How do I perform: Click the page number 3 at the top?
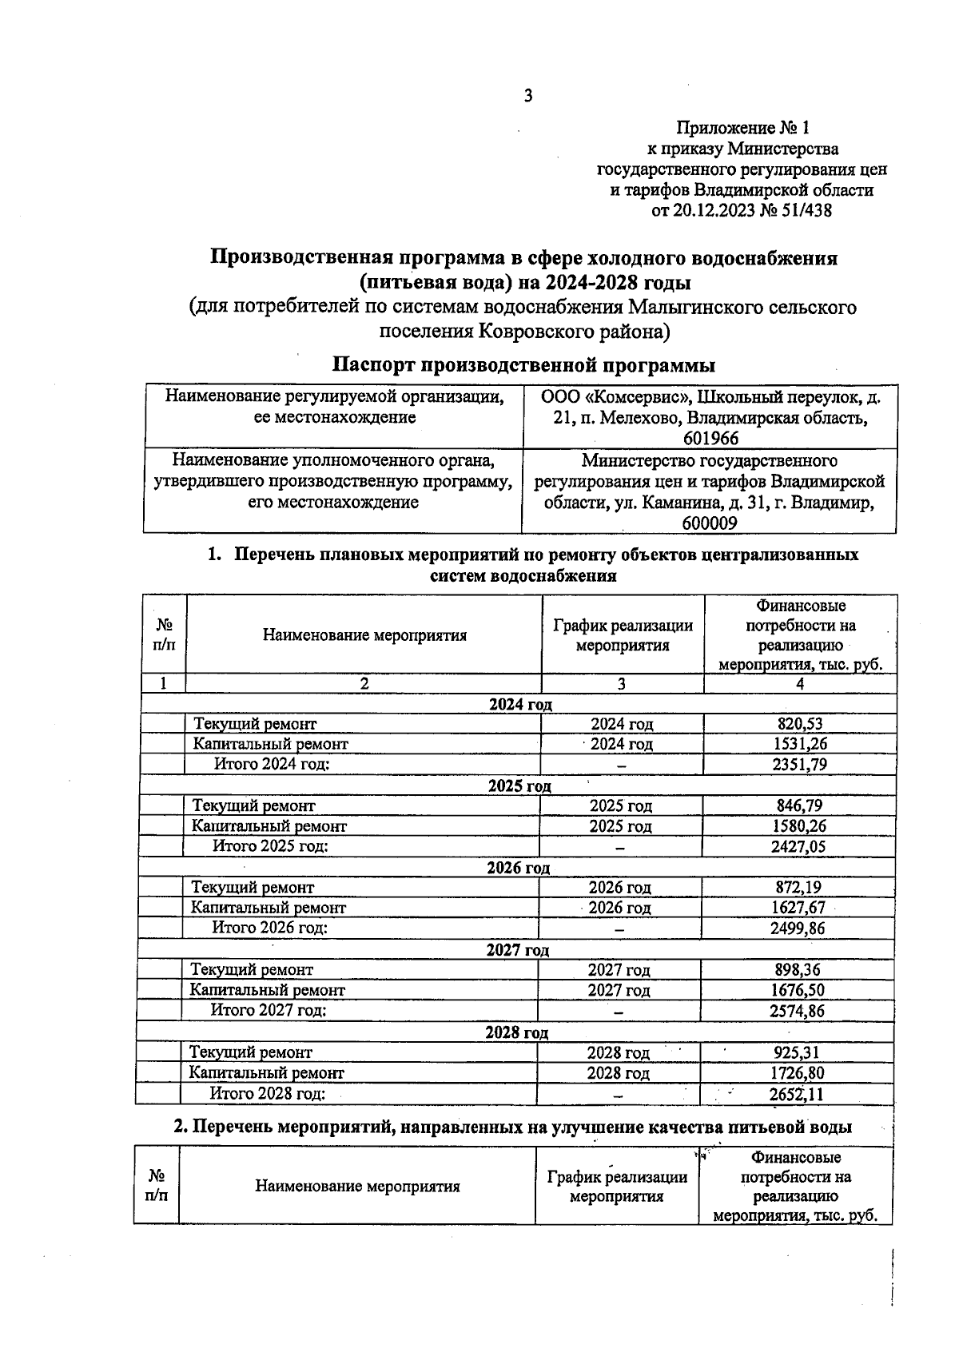527,97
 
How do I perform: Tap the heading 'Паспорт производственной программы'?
523,365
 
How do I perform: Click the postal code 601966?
710,438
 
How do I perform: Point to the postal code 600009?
710,523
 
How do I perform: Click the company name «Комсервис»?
631,396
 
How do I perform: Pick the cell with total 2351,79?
799,765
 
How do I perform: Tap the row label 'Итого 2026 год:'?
270,928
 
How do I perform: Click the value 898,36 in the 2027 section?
798,970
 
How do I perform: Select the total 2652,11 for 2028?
796,1094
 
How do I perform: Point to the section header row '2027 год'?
517,950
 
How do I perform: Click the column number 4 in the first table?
800,683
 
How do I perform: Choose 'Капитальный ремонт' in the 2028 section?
267,1073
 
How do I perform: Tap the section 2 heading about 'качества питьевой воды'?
512,1127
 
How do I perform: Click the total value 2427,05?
798,847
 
